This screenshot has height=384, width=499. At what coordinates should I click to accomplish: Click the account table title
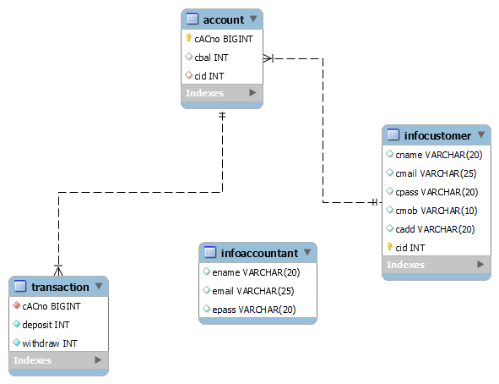tap(224, 19)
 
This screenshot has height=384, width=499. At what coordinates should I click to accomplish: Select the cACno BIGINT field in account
tap(224, 39)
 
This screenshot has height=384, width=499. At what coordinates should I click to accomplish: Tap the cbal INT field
tap(211, 58)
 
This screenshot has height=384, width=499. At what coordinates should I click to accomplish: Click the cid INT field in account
tap(209, 76)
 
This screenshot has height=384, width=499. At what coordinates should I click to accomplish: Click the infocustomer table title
tap(437, 135)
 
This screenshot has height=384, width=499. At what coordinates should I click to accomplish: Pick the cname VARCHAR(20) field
tap(438, 155)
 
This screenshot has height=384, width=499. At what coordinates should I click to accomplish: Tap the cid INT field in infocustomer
tap(410, 248)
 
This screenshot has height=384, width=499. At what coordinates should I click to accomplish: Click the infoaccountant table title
tap(258, 253)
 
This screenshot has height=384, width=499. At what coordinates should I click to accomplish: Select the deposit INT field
tap(47, 324)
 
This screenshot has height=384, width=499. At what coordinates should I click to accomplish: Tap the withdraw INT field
tap(50, 343)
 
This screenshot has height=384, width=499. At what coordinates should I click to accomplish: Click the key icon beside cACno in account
tap(188, 39)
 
